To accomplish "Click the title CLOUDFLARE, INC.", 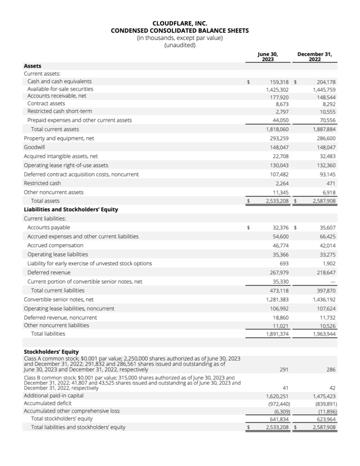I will [x=179, y=24].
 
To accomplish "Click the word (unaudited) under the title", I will [x=179, y=45].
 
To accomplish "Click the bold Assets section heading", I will [x=33, y=65].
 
